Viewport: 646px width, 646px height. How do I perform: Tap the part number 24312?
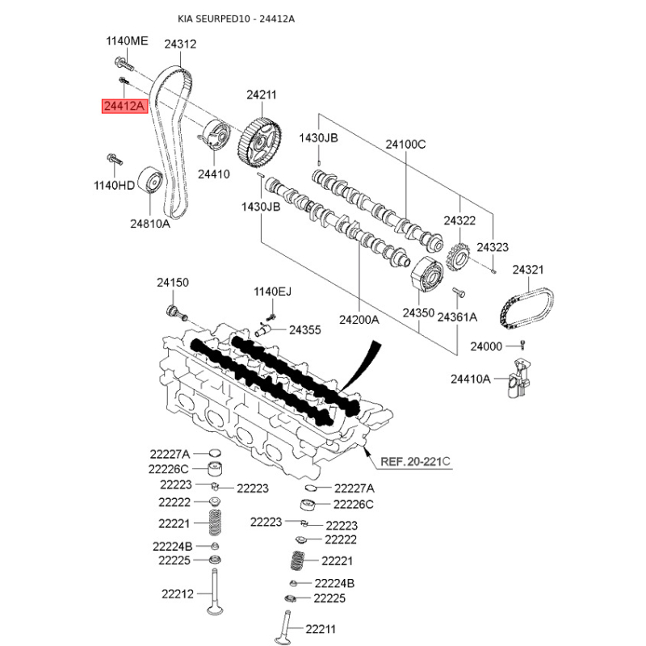point(180,45)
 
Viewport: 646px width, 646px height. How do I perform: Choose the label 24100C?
point(405,145)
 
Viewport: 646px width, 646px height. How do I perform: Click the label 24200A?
point(359,319)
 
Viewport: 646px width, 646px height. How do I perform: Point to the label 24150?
point(172,283)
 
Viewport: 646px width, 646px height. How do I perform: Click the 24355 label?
point(305,329)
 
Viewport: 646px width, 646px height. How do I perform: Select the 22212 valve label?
point(177,594)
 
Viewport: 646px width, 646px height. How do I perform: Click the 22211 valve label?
point(321,629)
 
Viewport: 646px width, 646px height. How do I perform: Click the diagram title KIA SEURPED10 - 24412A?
point(236,19)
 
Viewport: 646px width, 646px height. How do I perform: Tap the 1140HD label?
point(115,185)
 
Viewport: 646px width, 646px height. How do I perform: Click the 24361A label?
point(457,318)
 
